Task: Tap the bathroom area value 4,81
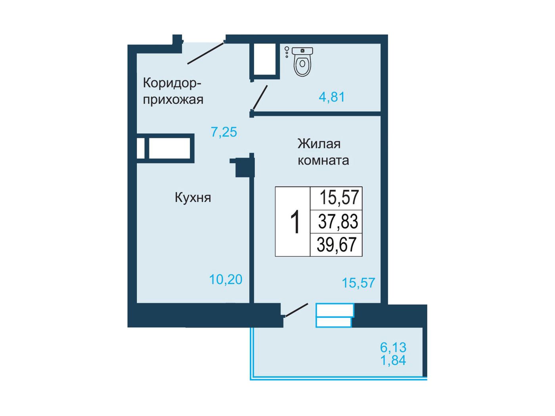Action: click(x=332, y=97)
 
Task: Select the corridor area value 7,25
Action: click(x=224, y=132)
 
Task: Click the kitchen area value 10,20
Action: click(x=226, y=279)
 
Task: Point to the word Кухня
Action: click(x=193, y=198)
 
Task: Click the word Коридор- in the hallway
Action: click(x=172, y=83)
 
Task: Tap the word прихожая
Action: click(x=173, y=100)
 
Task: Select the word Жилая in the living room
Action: click(x=319, y=144)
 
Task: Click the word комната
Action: click(x=323, y=160)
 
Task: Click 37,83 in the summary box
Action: click(x=338, y=221)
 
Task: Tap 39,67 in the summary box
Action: click(x=337, y=244)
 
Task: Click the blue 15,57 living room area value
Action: click(x=358, y=283)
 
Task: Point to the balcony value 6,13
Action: click(x=393, y=347)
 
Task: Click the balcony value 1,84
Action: click(x=393, y=361)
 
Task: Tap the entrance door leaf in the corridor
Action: click(x=206, y=53)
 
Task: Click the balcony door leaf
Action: click(x=297, y=310)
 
